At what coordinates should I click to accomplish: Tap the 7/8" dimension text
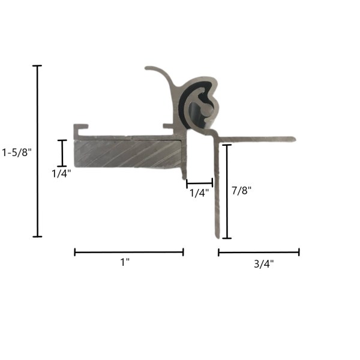[x=241, y=191]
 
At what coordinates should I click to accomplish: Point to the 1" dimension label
[x=125, y=262]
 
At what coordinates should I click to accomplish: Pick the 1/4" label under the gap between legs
[x=199, y=193]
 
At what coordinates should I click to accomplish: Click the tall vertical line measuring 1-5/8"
[x=38, y=150]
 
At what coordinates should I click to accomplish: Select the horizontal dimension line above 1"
[x=128, y=252]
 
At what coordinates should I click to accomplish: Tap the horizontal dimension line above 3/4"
[x=259, y=252]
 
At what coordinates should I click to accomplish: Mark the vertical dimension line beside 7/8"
[x=227, y=191]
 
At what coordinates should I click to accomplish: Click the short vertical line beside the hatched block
[x=62, y=152]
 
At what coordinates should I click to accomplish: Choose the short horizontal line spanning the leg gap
[x=199, y=182]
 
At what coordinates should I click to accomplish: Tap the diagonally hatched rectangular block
[x=126, y=154]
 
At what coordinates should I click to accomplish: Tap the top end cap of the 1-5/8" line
[x=38, y=65]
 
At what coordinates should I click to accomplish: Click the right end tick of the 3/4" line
[x=299, y=252]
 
